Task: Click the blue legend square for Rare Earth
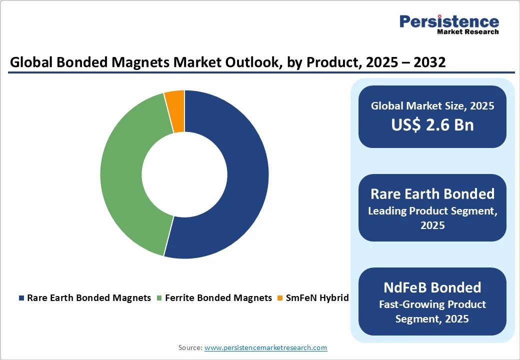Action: coord(21,298)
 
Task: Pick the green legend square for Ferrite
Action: coord(159,298)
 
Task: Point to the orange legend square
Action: coord(280,298)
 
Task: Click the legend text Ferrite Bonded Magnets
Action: coord(218,298)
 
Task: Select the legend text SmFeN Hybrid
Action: coord(317,298)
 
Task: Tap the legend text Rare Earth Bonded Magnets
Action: coord(89,298)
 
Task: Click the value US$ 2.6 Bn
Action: coord(432,125)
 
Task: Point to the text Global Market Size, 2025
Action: coord(432,106)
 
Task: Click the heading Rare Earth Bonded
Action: coord(432,194)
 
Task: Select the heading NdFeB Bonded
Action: coord(432,287)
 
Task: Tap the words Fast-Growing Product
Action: coord(432,304)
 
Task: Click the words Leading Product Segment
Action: coord(432,211)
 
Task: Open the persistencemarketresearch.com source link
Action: coord(265,347)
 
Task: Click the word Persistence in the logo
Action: coord(448,21)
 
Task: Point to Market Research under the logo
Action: coord(467,32)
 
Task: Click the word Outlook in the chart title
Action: coord(209,62)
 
